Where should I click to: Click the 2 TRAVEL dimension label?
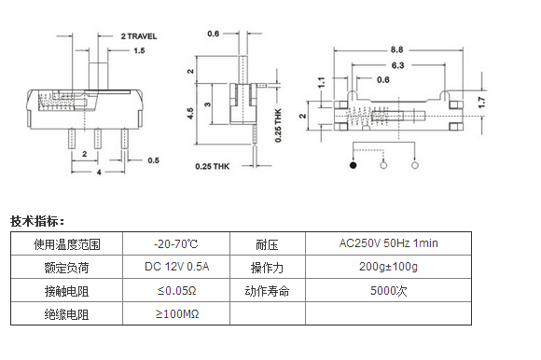pos(139,36)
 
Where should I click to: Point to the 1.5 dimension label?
pos(139,50)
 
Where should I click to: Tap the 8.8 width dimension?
pos(396,49)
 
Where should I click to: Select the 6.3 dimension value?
pos(397,65)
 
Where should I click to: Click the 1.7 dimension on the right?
pos(482,102)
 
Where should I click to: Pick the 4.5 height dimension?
pos(190,113)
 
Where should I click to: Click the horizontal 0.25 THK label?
pos(212,167)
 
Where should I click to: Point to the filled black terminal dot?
pos(353,165)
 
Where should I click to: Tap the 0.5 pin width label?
pos(154,160)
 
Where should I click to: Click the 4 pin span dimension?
pos(99,172)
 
